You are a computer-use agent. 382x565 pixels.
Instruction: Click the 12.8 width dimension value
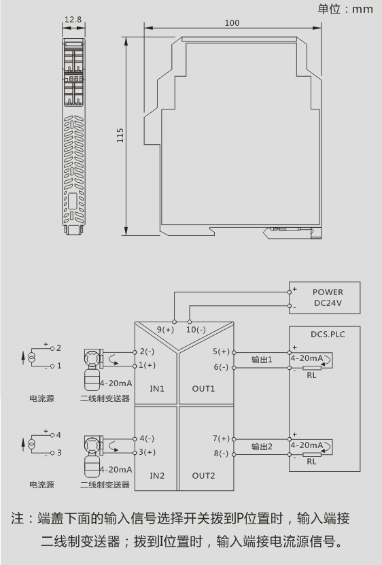pyautogui.click(x=73, y=20)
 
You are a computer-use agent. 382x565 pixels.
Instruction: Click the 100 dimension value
pyautogui.click(x=232, y=23)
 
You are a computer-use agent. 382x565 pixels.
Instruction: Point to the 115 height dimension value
pyautogui.click(x=120, y=135)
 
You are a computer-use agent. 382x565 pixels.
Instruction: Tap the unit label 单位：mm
pyautogui.click(x=345, y=9)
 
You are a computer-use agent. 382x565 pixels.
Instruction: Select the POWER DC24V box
pyautogui.click(x=324, y=298)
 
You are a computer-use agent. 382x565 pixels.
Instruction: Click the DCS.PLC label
pyautogui.click(x=328, y=335)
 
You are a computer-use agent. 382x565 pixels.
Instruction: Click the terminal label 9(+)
pyautogui.click(x=165, y=330)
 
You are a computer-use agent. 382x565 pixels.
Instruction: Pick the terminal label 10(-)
pyautogui.click(x=196, y=330)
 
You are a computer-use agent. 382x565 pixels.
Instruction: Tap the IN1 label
pyautogui.click(x=157, y=389)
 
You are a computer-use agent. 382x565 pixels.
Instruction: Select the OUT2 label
pyautogui.click(x=203, y=476)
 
